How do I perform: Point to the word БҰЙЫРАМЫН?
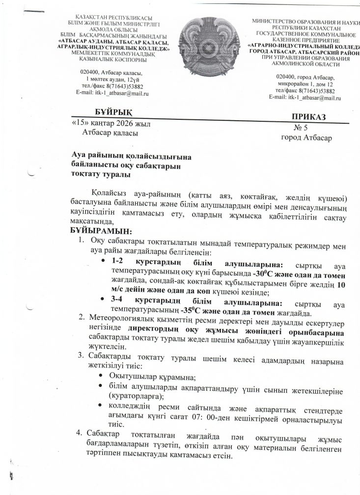point(101,231)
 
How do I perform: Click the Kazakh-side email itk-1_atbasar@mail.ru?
point(113,92)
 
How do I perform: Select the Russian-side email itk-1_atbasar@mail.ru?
point(305,98)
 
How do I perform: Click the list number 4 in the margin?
point(77,434)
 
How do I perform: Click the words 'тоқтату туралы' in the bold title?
point(102,175)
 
